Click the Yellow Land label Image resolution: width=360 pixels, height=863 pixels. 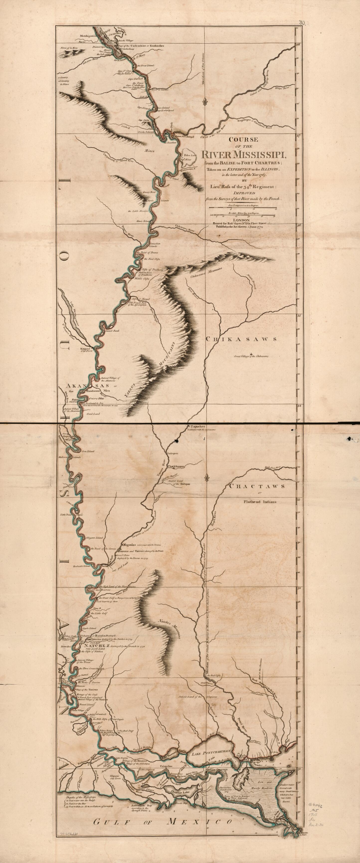(x=186, y=155)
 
